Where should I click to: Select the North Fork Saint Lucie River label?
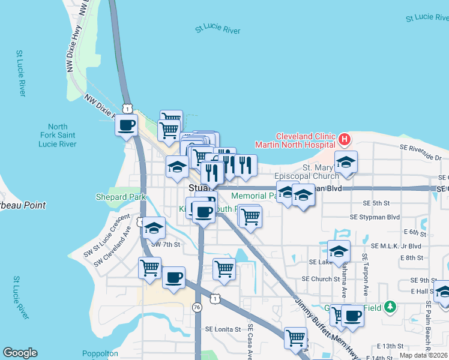point(58,136)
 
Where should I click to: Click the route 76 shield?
point(197,307)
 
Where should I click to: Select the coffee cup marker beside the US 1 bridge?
point(127,125)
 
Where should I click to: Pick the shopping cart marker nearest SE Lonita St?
point(295,338)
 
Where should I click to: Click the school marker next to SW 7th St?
point(154,228)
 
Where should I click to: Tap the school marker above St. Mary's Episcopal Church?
point(346,162)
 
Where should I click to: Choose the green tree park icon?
point(391,307)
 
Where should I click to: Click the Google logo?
point(20,353)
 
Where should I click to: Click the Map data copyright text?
point(423,355)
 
